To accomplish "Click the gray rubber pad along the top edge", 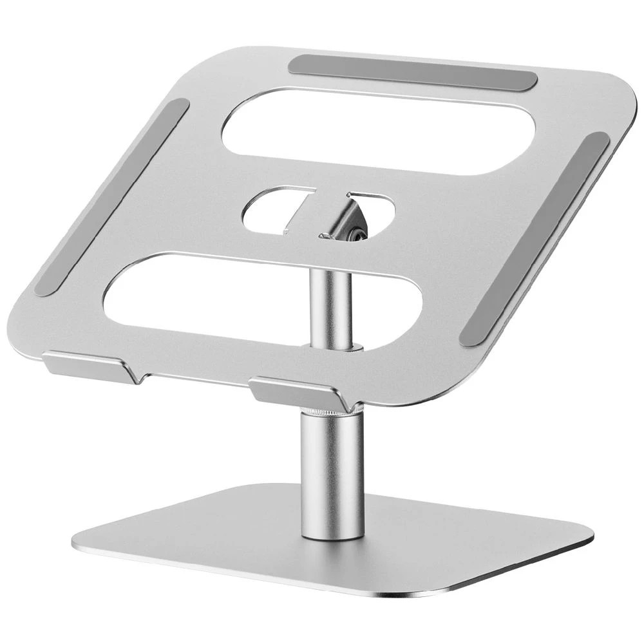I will pyautogui.click(x=412, y=72).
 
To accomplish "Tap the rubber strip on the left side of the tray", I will pyautogui.click(x=111, y=196).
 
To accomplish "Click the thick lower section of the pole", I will pyautogui.click(x=332, y=477).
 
